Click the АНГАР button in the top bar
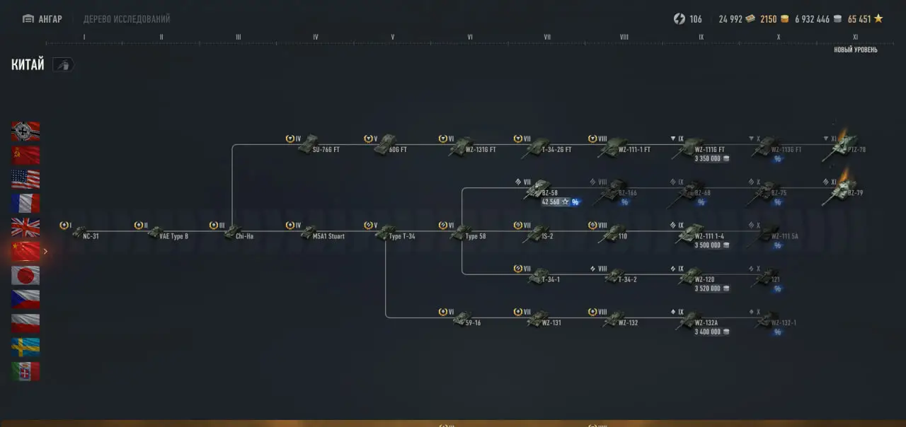point(42,19)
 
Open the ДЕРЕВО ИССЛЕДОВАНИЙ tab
point(127,19)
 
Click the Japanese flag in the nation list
point(25,275)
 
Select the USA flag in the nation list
point(25,179)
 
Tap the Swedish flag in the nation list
point(25,347)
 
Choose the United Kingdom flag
point(25,227)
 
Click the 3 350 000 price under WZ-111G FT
point(708,158)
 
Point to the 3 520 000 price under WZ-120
point(708,288)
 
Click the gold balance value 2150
point(769,19)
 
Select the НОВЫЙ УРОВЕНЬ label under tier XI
point(855,49)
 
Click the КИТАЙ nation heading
point(28,65)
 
